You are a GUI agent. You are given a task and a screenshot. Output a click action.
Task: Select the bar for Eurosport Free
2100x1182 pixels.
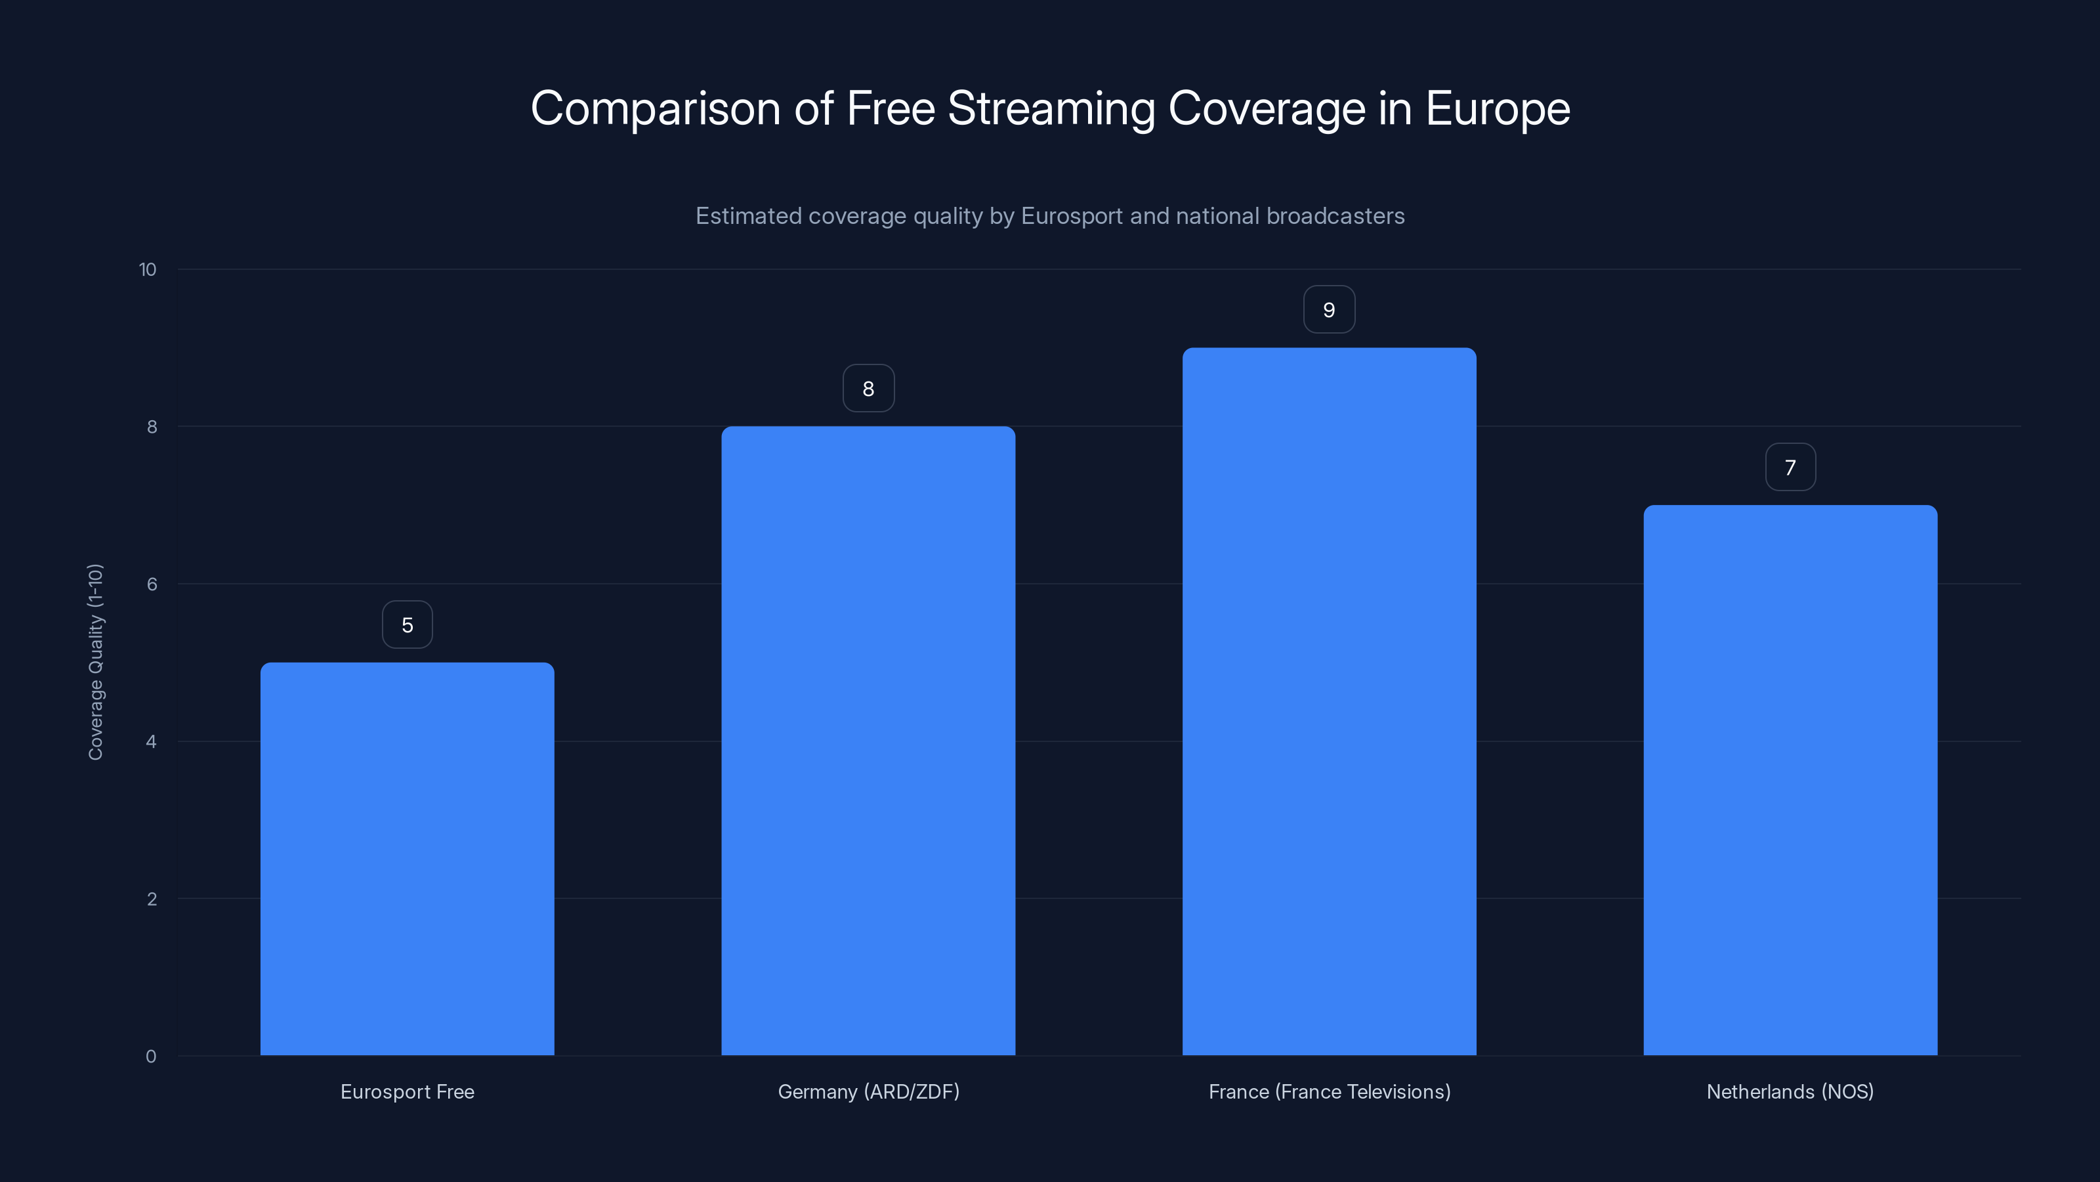coord(407,858)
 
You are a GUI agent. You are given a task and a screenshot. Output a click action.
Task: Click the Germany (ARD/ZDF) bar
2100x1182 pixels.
coord(868,741)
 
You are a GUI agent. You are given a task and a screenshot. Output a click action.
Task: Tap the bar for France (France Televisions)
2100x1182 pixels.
coord(1329,701)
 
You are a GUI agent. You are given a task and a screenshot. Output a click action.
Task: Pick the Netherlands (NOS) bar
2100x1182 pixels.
coord(1790,780)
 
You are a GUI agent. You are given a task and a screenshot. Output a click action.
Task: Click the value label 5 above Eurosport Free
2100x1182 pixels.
coord(408,625)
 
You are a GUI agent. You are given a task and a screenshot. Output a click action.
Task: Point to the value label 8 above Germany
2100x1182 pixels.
coord(868,389)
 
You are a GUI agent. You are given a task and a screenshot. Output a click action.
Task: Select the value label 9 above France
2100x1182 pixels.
coord(1329,310)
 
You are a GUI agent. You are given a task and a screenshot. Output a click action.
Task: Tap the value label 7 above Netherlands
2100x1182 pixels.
coord(1790,468)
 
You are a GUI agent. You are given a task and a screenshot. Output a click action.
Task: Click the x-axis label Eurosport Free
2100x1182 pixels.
coord(407,1091)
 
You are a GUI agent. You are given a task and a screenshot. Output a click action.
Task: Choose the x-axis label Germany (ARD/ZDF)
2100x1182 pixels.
coord(868,1091)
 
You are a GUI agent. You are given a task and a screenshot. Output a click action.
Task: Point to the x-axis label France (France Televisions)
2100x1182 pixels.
coord(1329,1091)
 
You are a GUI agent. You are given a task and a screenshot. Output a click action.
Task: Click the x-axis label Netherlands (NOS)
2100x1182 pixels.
coord(1790,1091)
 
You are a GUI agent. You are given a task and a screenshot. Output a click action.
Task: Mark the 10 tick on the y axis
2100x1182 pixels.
coord(148,269)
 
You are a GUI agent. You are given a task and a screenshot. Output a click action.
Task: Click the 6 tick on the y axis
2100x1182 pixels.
coord(152,584)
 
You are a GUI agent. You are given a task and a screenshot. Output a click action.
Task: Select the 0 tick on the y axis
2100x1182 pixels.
coord(151,1057)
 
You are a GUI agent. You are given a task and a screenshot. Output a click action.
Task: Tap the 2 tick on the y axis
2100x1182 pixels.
coord(152,899)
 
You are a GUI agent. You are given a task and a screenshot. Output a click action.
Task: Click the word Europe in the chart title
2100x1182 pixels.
coord(1498,108)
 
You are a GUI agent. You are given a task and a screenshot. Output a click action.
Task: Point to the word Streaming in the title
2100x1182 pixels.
coord(1051,108)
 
